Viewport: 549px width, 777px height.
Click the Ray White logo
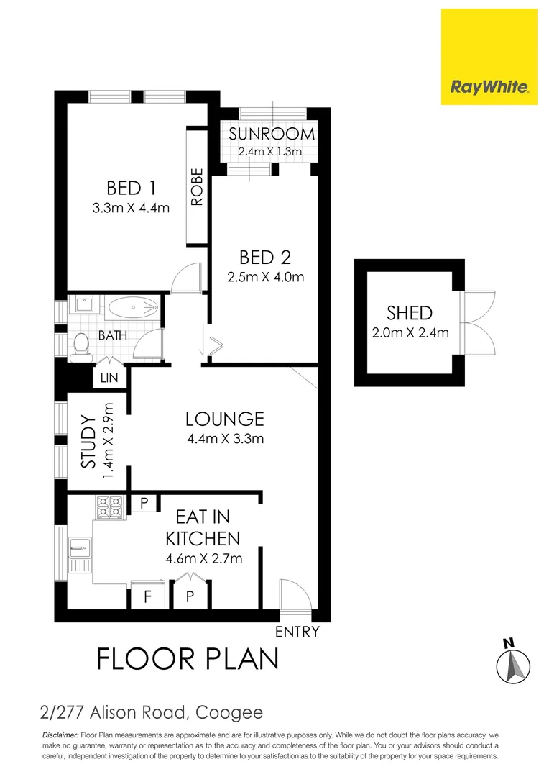pos(489,57)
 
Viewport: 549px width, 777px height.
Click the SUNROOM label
pos(272,135)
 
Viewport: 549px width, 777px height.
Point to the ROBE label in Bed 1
pos(197,187)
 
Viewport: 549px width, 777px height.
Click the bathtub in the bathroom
pos(134,309)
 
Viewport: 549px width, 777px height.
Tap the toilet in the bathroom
pos(80,345)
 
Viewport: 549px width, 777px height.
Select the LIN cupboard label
pos(110,378)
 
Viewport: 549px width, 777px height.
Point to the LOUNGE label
pos(224,419)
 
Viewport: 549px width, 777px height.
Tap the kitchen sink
pos(78,550)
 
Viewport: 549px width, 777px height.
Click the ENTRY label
pos(297,632)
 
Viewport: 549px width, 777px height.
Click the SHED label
pos(410,313)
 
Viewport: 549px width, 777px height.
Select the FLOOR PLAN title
pos(188,658)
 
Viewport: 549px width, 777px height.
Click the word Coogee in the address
pos(229,713)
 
